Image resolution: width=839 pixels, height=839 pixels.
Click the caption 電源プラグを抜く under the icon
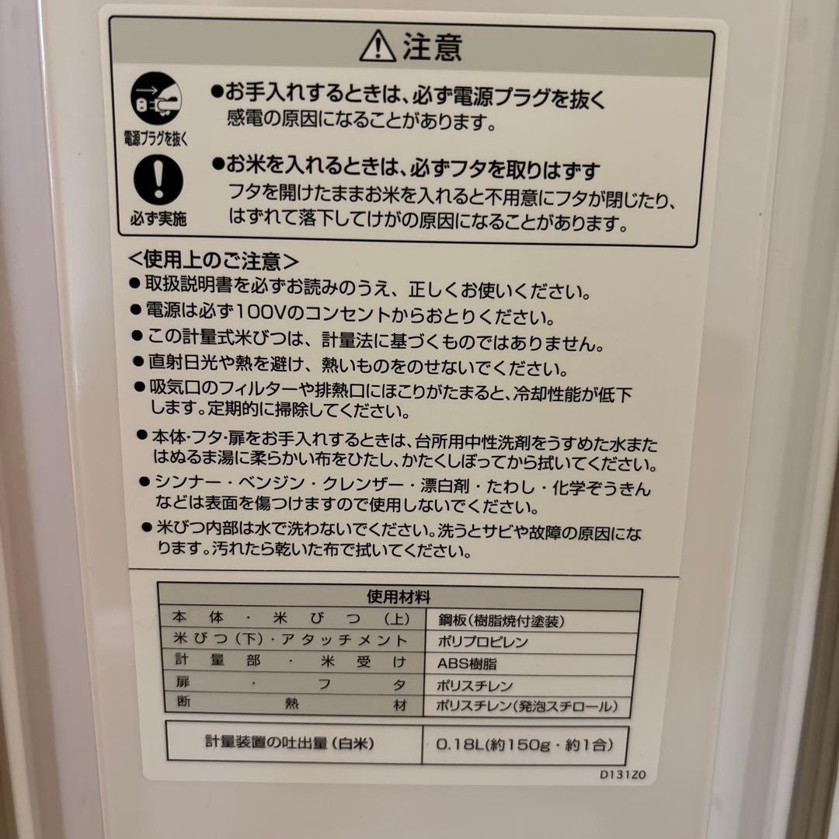(x=157, y=139)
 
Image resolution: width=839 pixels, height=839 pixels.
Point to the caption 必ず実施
(x=158, y=218)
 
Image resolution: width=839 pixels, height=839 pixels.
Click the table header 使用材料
(x=399, y=597)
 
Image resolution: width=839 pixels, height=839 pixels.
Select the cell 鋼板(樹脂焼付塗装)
(x=496, y=620)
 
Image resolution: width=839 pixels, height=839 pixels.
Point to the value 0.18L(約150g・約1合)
(x=520, y=744)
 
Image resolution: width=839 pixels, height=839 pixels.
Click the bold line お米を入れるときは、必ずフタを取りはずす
(x=412, y=167)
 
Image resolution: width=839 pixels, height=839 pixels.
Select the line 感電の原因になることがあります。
(x=361, y=122)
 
